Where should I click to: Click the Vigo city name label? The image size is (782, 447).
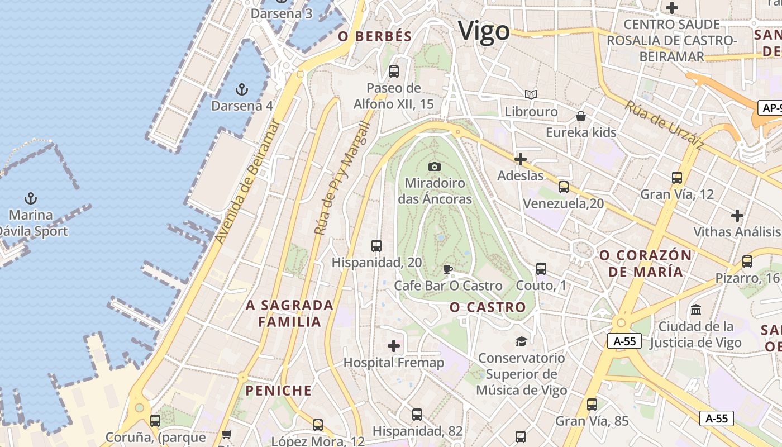pyautogui.click(x=484, y=31)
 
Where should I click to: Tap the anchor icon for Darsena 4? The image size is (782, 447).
pyautogui.click(x=241, y=89)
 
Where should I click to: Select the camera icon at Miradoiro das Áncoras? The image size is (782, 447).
pyautogui.click(x=434, y=167)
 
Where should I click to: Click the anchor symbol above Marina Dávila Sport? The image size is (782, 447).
pyautogui.click(x=31, y=198)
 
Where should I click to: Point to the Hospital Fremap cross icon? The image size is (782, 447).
pyautogui.click(x=394, y=346)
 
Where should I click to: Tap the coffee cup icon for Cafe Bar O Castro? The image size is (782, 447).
pyautogui.click(x=447, y=270)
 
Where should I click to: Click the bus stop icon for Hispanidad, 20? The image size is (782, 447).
pyautogui.click(x=376, y=245)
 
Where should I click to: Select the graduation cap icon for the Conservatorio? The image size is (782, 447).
pyautogui.click(x=521, y=341)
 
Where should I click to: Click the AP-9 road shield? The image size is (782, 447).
pyautogui.click(x=770, y=108)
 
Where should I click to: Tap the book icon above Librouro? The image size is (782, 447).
pyautogui.click(x=531, y=95)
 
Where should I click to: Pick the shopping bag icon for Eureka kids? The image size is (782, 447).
pyautogui.click(x=581, y=116)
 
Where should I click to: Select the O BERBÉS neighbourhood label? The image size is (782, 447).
pyautogui.click(x=375, y=37)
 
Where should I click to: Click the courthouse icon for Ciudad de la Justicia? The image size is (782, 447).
pyautogui.click(x=696, y=310)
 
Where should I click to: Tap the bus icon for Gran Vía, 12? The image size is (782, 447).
pyautogui.click(x=677, y=178)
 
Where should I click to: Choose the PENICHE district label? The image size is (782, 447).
pyautogui.click(x=279, y=391)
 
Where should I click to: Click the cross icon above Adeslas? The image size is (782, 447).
pyautogui.click(x=520, y=159)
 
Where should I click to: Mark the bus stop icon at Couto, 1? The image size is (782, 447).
pyautogui.click(x=541, y=269)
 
